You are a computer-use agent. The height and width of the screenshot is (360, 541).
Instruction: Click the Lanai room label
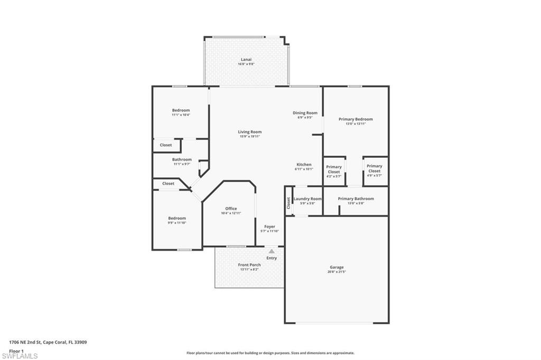tap(246, 60)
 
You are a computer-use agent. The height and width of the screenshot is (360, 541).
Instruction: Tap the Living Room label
tap(249, 132)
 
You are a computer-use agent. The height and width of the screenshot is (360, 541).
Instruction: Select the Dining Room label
tap(305, 113)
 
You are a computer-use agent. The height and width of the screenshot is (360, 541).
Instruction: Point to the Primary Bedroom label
tap(356, 119)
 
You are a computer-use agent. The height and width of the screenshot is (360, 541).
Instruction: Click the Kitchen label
tap(304, 165)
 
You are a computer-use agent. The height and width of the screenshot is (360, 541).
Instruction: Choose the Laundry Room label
tap(307, 199)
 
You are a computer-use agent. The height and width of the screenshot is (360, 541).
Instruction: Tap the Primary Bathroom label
tap(356, 199)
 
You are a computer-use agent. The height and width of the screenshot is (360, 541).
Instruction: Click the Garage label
tap(337, 267)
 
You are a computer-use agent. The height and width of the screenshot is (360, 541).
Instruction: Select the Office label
tap(231, 209)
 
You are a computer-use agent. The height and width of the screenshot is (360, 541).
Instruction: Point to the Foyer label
tap(269, 226)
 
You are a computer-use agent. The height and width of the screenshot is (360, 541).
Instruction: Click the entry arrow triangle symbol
tap(272, 251)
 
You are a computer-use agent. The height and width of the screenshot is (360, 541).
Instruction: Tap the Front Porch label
tap(249, 265)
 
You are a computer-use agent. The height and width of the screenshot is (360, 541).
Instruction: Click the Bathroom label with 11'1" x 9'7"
tap(182, 159)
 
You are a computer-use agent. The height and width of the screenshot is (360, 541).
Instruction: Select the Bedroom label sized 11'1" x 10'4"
tap(181, 110)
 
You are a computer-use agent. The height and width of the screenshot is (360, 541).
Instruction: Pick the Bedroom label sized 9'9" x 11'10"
tap(177, 218)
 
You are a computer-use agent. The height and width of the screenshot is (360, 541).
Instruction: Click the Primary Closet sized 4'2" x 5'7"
tap(334, 169)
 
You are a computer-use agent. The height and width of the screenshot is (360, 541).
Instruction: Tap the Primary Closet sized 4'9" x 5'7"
tap(375, 168)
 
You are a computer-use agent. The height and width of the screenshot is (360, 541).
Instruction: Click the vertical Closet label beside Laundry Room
tap(288, 202)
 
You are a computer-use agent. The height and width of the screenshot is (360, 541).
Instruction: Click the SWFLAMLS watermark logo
tap(20, 356)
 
